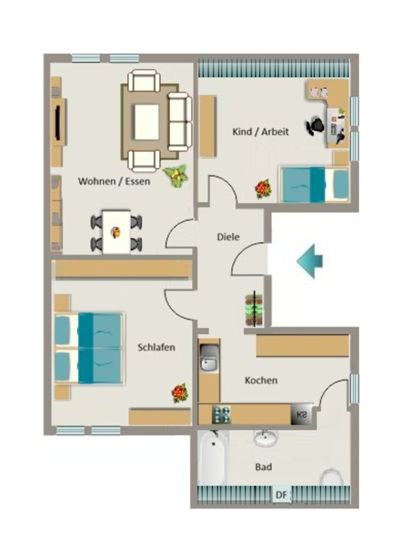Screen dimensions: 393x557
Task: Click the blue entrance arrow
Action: pyautogui.click(x=310, y=261)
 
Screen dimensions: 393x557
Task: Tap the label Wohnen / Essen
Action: pyautogui.click(x=114, y=181)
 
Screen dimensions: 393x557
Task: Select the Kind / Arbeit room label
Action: pyautogui.click(x=261, y=132)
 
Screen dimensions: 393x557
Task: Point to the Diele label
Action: pyautogui.click(x=228, y=237)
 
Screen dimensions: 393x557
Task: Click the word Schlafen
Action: pyautogui.click(x=156, y=347)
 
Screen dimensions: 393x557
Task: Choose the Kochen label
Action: pyautogui.click(x=261, y=380)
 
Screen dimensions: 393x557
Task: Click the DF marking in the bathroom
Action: pyautogui.click(x=282, y=494)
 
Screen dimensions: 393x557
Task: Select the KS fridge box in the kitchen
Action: pyautogui.click(x=302, y=414)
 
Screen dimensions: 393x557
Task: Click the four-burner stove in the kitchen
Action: pyautogui.click(x=221, y=414)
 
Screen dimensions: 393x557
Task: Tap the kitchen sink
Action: pyautogui.click(x=210, y=358)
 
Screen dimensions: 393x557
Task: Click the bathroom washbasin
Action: pyautogui.click(x=265, y=438)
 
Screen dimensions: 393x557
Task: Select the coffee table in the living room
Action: pyautogui.click(x=147, y=122)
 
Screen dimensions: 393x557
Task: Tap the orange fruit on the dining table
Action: pyautogui.click(x=116, y=232)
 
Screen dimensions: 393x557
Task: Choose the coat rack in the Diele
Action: pyautogui.click(x=255, y=308)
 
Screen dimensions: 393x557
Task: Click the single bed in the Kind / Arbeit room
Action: pyautogui.click(x=314, y=185)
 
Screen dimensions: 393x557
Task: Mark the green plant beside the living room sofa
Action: pyautogui.click(x=176, y=176)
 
